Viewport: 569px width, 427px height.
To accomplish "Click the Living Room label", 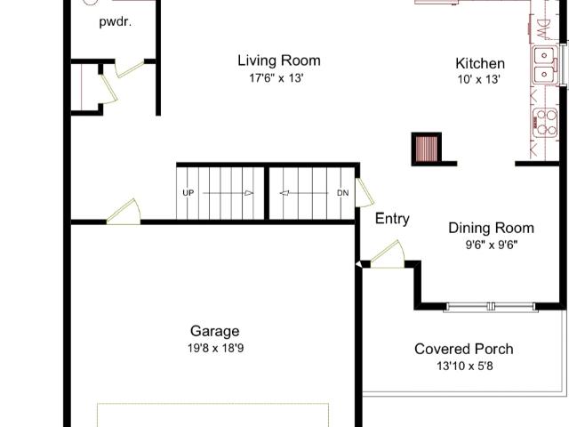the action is click(279, 60).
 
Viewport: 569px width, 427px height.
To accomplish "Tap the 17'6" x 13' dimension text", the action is click(276, 78).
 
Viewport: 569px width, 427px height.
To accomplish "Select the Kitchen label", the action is click(480, 63).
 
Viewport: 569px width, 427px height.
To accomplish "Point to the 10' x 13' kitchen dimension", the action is click(479, 79).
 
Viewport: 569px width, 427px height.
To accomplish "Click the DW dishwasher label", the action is click(541, 29).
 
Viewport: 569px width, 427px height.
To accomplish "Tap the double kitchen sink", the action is click(545, 65).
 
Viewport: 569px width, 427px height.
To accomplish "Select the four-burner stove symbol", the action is click(545, 123).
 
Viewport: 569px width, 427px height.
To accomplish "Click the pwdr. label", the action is click(115, 22).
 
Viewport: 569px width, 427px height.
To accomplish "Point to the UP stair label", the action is click(188, 193).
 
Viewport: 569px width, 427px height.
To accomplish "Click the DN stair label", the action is click(343, 193).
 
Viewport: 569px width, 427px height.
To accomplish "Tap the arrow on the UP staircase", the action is click(228, 193).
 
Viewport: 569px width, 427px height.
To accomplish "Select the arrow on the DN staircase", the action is click(304, 193).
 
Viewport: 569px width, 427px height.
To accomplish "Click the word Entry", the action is click(392, 219).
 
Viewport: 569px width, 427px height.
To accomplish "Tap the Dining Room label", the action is click(492, 228).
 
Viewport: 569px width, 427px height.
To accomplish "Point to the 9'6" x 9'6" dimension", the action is click(492, 246).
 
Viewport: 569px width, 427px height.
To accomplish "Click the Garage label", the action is click(215, 331).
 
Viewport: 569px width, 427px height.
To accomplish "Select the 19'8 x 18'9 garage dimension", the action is click(215, 348).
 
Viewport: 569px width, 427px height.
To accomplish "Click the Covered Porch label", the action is click(464, 349).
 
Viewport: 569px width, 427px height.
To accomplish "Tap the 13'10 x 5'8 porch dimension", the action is click(465, 366).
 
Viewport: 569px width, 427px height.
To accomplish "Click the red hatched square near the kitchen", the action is click(427, 149).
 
